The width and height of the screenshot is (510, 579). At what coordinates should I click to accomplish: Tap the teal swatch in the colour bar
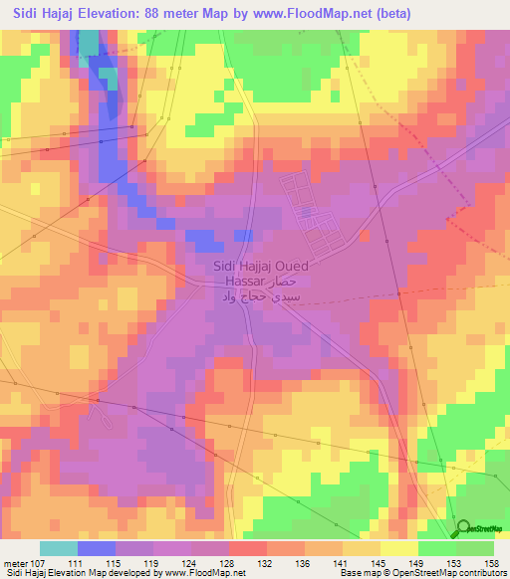[x=59, y=548]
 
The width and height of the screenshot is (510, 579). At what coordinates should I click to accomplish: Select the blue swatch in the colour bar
[x=97, y=548]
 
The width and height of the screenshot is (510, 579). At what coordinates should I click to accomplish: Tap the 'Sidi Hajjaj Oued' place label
[x=261, y=267]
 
